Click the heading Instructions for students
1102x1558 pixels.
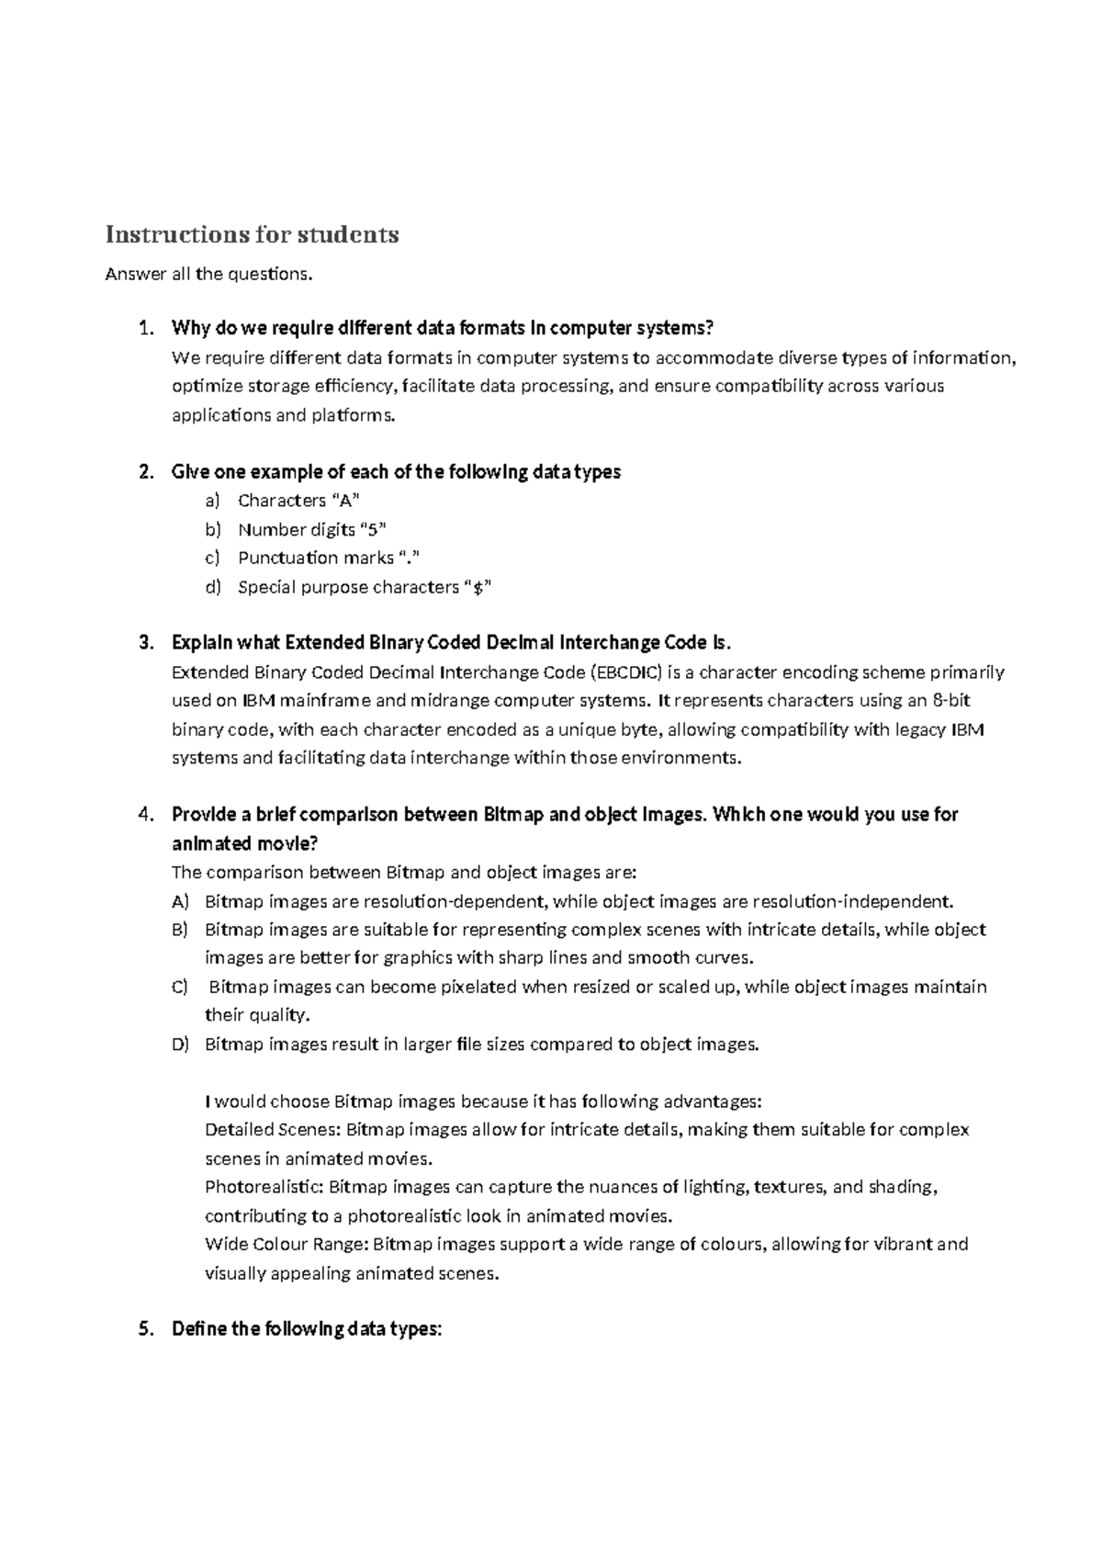coord(253,235)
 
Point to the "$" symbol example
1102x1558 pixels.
coord(476,588)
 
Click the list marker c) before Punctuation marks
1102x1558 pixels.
coord(213,559)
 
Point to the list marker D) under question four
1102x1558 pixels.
coord(180,1044)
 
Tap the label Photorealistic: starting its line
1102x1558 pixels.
coord(264,1188)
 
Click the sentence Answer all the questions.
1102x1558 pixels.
coord(208,275)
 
